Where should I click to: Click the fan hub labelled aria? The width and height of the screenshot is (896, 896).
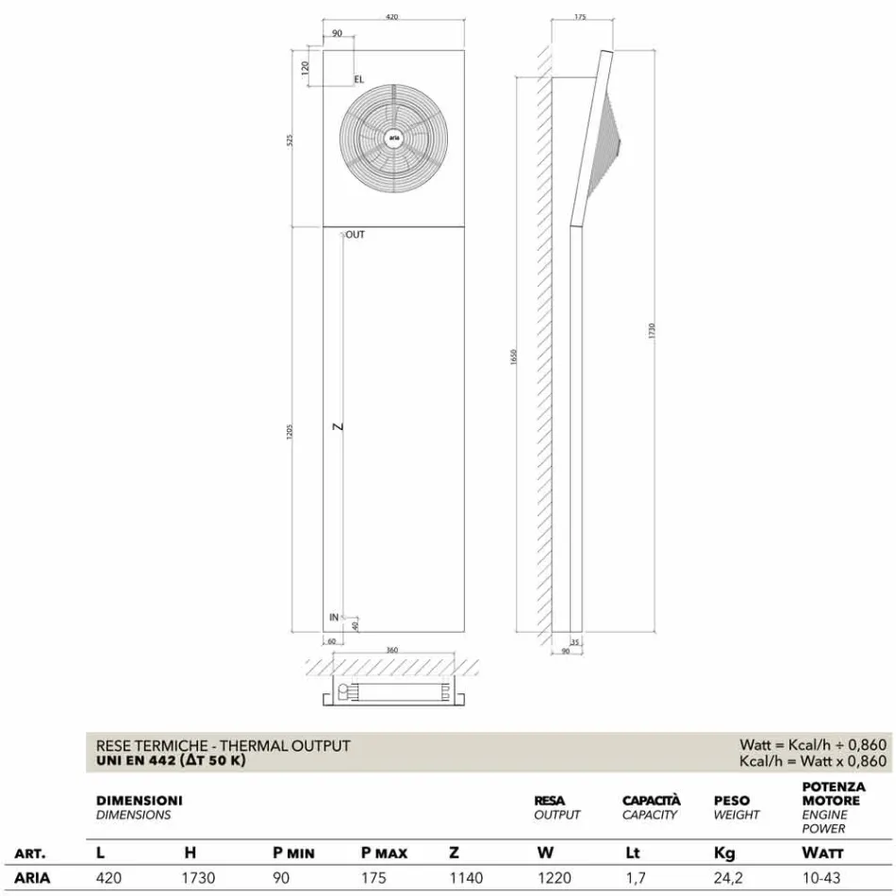393,137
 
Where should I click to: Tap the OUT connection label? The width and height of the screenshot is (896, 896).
355,235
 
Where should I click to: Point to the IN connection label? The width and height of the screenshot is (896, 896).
334,617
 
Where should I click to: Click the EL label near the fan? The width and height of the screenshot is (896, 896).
358,80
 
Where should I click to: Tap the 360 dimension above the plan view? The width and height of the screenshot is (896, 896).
392,651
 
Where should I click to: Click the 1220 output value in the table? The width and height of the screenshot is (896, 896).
554,878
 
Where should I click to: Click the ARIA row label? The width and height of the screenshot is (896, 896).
33,878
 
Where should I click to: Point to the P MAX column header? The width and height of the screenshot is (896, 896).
385,854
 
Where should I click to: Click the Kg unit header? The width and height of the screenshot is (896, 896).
725,854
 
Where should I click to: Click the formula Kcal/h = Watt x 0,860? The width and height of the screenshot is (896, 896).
813,761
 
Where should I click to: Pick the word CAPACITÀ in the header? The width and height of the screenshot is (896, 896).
651,801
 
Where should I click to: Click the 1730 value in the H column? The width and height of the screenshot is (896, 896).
199,878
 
